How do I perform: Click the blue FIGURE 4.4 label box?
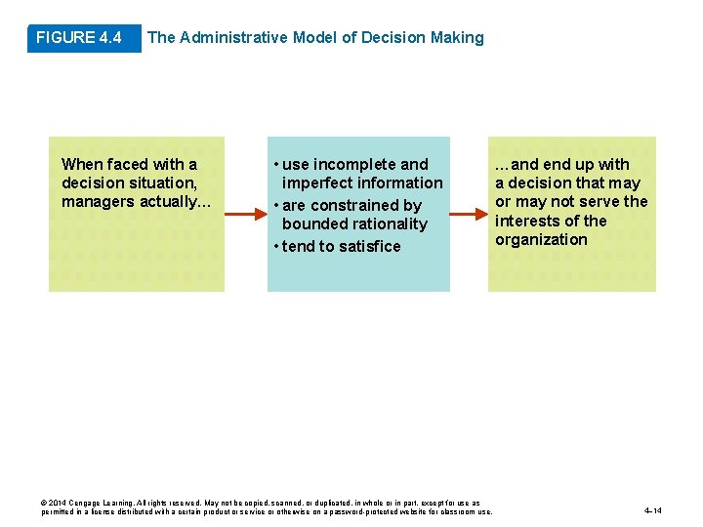point(79,38)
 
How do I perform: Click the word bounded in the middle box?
point(313,224)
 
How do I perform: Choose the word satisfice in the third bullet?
point(368,247)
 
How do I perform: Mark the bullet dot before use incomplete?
point(277,164)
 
